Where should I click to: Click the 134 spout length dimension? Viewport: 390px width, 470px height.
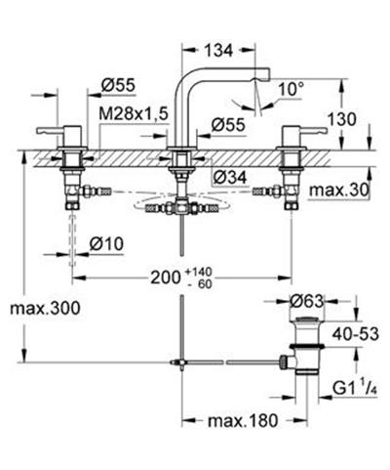218,51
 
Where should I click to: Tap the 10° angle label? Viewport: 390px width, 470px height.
292,89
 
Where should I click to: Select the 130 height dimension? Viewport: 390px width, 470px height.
341,119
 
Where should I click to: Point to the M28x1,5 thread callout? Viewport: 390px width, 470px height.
134,114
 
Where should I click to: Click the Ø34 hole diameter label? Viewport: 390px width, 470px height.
230,178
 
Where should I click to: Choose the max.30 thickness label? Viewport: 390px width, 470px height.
339,191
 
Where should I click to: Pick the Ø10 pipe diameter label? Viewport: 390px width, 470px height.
106,244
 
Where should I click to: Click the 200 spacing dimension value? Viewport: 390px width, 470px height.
166,278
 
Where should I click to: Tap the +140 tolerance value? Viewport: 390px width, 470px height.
199,272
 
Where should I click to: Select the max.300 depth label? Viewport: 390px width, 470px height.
45,308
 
